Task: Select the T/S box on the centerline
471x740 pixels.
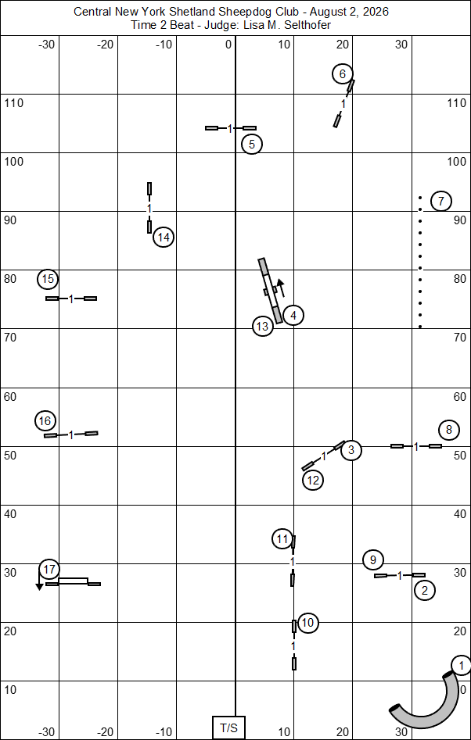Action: [229, 728]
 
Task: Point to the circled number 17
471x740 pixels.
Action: [49, 570]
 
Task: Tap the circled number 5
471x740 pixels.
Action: [252, 145]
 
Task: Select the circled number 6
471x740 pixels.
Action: [343, 73]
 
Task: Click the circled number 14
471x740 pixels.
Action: [164, 238]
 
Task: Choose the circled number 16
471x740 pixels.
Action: [46, 421]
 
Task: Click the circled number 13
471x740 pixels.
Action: [263, 326]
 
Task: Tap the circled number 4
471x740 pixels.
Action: [293, 315]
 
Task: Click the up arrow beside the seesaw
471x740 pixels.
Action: [281, 288]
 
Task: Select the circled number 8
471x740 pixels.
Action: [448, 430]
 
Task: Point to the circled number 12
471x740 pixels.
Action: [313, 481]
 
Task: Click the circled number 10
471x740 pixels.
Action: [307, 623]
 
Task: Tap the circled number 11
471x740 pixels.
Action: [282, 539]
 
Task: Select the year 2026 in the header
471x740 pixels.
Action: [376, 13]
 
